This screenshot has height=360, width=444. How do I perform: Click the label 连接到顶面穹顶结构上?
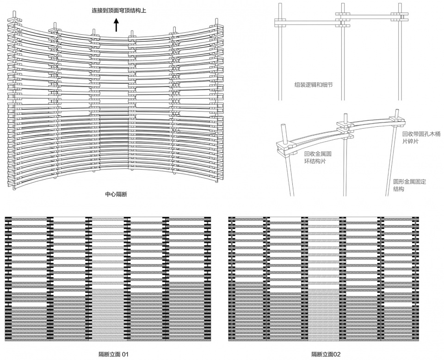(119, 10)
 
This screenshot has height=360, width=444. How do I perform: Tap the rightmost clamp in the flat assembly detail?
(400, 17)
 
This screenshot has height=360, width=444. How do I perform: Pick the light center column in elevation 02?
(323, 278)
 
